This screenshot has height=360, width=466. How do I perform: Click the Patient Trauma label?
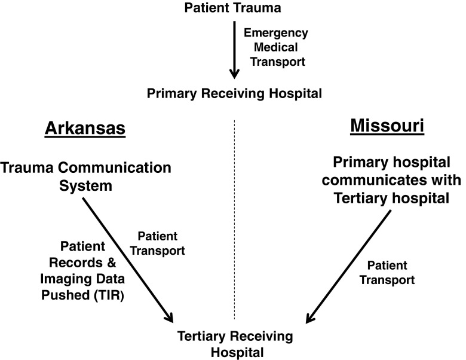pyautogui.click(x=233, y=8)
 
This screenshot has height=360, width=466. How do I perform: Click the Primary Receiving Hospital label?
pyautogui.click(x=233, y=93)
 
